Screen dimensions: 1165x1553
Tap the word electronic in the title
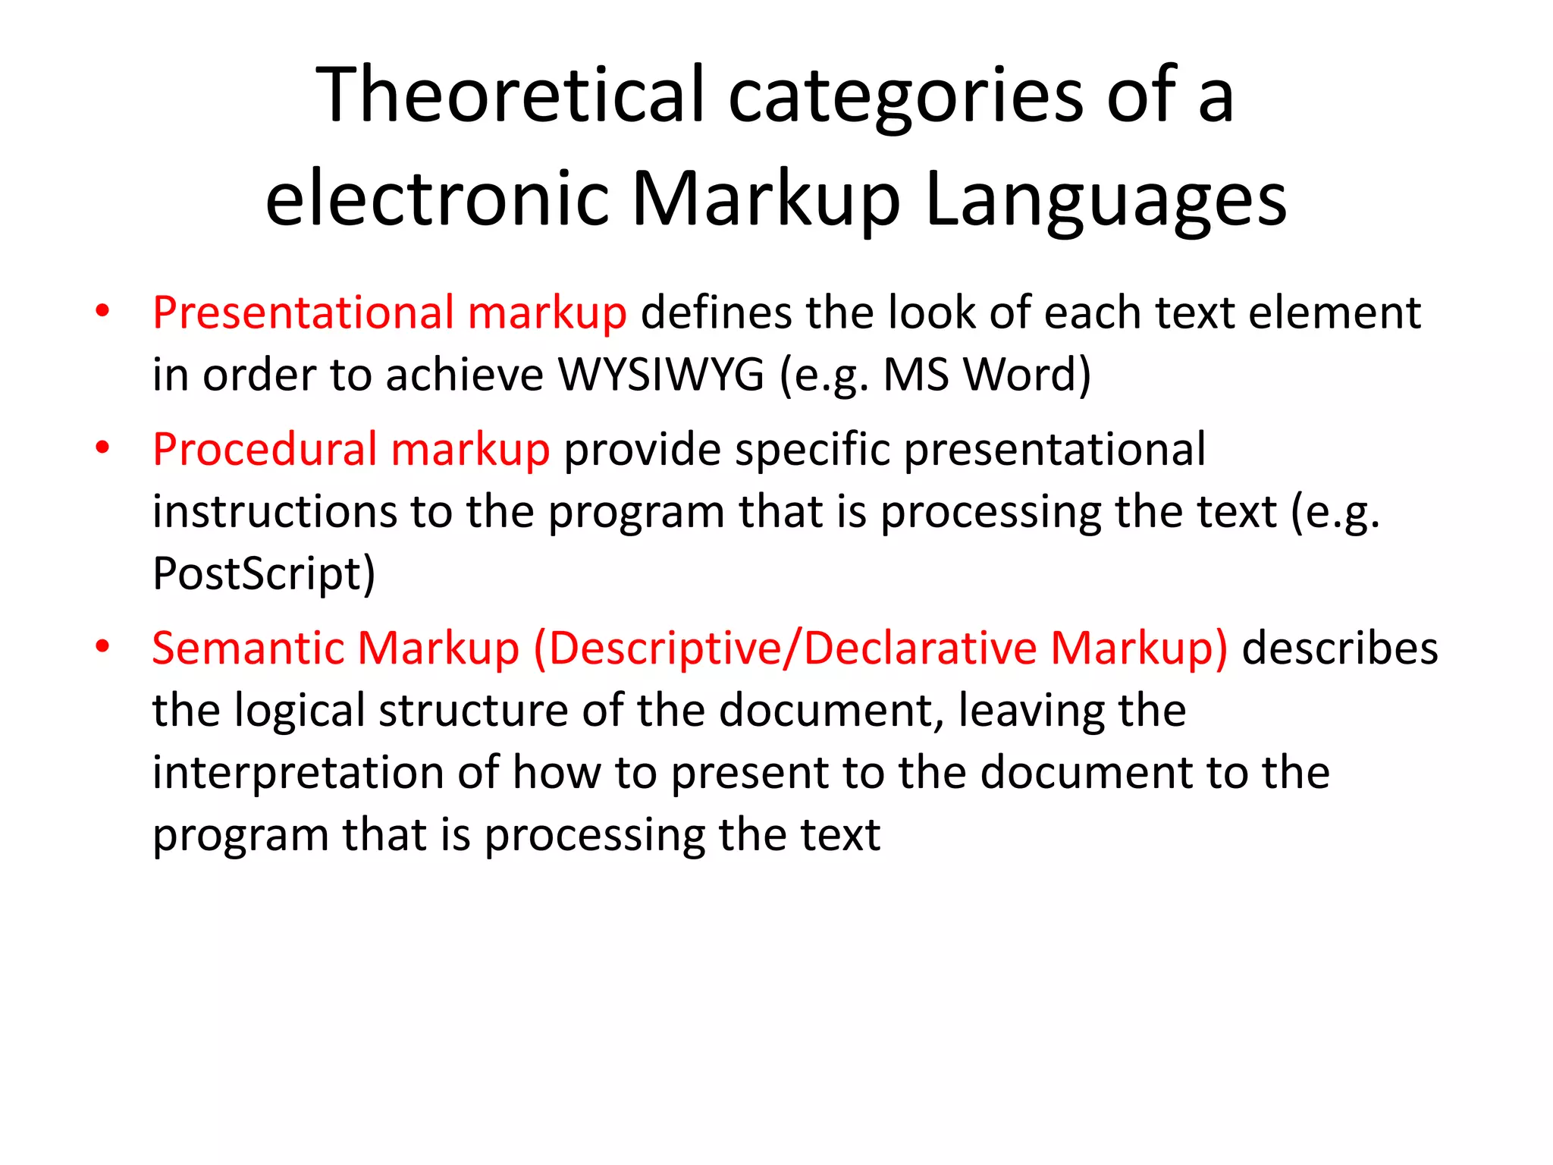coord(438,199)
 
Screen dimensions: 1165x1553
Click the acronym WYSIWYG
coord(661,375)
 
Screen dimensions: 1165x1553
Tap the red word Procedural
coord(265,450)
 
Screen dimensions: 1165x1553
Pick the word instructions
coord(275,511)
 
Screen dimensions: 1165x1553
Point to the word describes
coord(1339,648)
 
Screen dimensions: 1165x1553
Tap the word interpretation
coord(298,774)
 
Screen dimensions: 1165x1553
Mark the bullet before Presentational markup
coord(103,311)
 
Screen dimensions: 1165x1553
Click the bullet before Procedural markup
coord(103,447)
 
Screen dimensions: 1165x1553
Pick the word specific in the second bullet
coord(812,450)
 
